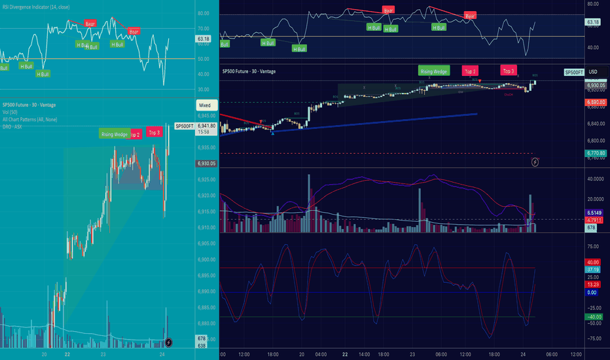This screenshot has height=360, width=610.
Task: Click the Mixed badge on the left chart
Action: [x=205, y=104]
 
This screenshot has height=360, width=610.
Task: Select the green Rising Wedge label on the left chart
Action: [x=114, y=134]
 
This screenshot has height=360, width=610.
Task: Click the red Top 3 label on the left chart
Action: [x=154, y=132]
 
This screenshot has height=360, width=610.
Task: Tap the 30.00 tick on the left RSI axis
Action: [x=203, y=89]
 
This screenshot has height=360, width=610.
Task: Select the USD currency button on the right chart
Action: [x=594, y=72]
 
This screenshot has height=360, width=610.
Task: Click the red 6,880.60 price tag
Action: [x=595, y=102]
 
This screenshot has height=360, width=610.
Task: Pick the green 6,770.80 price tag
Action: [x=595, y=153]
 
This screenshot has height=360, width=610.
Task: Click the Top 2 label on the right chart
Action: [x=470, y=70]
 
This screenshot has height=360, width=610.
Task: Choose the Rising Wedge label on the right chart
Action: [x=435, y=70]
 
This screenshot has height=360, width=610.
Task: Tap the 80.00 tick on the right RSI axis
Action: [x=594, y=4]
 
